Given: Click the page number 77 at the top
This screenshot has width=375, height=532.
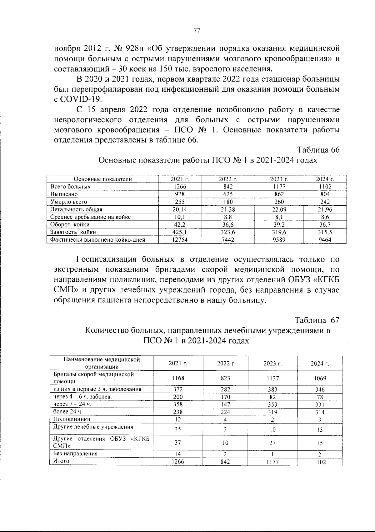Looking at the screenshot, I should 197,30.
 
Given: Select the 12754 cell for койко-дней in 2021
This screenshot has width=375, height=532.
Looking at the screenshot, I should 180,240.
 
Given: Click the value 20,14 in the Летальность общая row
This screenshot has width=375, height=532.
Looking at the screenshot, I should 180,209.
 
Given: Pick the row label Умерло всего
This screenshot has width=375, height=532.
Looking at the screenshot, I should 69,202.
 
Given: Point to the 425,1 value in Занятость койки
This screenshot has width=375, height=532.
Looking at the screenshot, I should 180,232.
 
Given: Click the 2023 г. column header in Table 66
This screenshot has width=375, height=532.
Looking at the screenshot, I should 278,179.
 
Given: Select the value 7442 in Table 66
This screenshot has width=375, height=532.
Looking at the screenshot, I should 228,240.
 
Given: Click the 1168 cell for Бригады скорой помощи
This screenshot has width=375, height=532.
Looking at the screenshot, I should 178,378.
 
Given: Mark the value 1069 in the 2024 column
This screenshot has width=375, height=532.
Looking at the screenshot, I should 320,378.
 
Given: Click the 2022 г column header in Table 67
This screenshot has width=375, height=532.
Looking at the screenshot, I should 225,363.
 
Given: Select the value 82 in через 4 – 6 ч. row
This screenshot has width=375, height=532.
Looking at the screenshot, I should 272,397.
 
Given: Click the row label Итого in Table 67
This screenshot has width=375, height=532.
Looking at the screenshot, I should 61,461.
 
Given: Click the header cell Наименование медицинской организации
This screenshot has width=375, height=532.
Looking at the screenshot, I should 102,363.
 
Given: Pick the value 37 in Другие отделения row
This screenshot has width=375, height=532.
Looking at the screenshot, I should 177,443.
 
